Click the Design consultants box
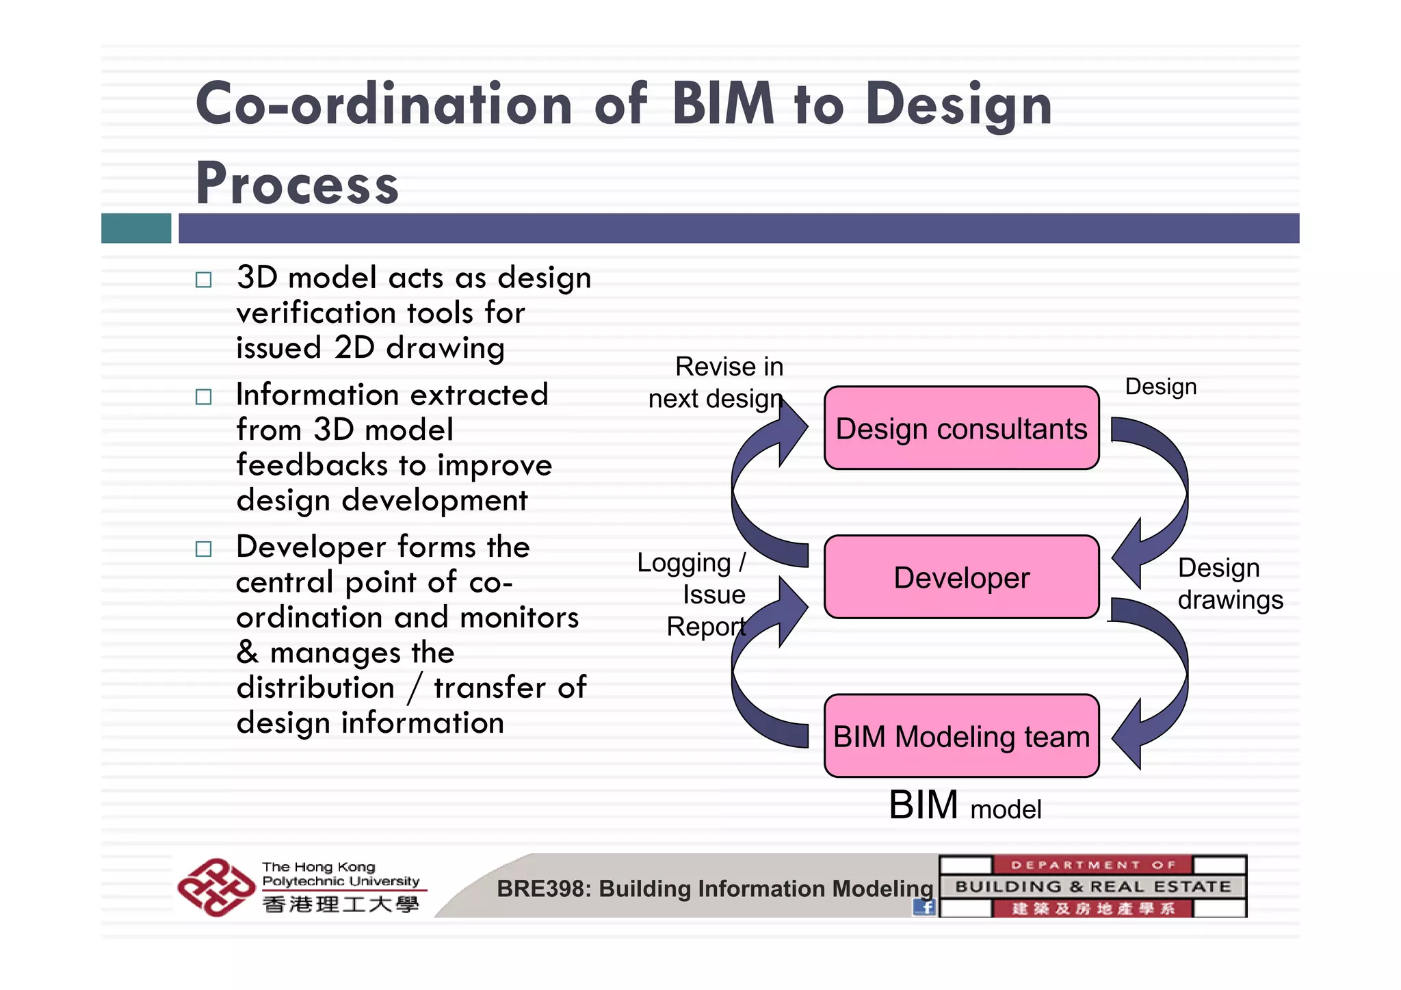961,428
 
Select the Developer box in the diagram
961,577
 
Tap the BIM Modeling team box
961,736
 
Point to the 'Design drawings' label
1229,584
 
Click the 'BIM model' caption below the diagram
965,806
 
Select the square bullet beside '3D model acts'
204,280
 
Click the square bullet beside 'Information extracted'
204,397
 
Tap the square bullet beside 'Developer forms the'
204,549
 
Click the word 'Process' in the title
297,183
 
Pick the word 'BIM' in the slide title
723,105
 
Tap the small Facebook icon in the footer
924,907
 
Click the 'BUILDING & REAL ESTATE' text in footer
1092,887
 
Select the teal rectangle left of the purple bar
136,229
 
